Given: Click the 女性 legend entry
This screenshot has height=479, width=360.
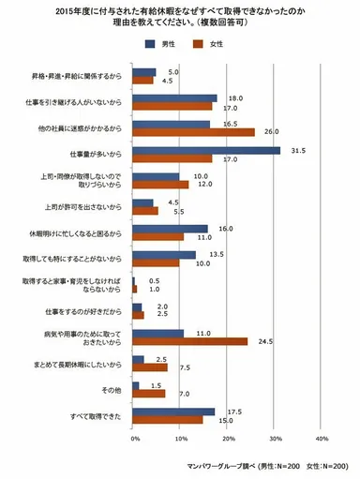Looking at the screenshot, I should [217, 44].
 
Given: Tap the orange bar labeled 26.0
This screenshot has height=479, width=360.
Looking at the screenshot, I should [193, 132].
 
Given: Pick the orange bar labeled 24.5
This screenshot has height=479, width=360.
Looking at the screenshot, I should [189, 341].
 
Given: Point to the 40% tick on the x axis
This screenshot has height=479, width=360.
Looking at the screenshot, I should [322, 439].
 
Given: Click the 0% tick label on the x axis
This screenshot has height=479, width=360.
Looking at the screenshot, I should [135, 439].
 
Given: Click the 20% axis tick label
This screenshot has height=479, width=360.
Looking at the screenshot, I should [228, 439].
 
